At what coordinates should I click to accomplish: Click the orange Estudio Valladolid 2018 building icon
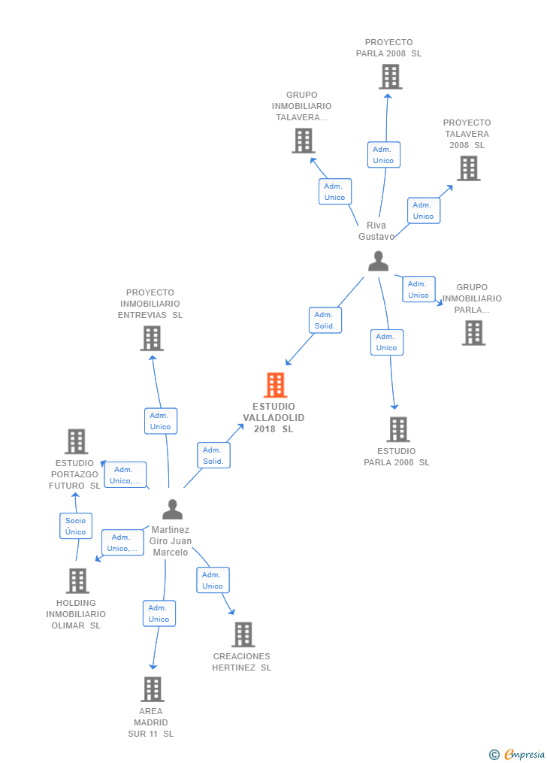click(276, 385)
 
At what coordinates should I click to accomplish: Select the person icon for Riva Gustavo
click(378, 261)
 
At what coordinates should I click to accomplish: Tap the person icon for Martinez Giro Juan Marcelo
click(173, 510)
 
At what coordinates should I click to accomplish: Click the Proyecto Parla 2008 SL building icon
click(390, 77)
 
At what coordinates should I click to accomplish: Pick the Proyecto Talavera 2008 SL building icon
click(468, 168)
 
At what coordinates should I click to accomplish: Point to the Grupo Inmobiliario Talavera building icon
click(303, 141)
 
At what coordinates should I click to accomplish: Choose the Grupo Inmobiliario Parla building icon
click(473, 332)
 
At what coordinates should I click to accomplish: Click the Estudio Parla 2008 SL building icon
click(397, 429)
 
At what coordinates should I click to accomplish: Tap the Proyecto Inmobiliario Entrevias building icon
click(152, 338)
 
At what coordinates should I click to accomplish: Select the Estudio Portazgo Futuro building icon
click(76, 441)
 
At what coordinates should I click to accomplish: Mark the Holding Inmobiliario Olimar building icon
click(77, 580)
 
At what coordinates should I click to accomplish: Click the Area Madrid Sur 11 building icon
click(152, 689)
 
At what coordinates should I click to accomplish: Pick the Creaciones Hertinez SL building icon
click(243, 634)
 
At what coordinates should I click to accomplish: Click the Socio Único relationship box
click(75, 526)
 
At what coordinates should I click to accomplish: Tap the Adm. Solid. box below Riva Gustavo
click(325, 320)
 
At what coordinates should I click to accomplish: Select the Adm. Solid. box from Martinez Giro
click(213, 456)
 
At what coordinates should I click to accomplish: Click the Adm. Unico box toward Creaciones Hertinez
click(213, 580)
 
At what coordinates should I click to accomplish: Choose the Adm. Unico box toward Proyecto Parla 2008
click(383, 155)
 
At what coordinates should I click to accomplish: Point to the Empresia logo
click(518, 754)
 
